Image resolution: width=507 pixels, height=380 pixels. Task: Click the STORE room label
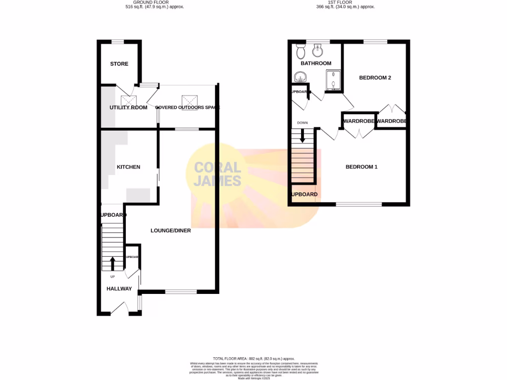coord(119,64)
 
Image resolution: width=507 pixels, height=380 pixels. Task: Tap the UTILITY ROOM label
coord(128,107)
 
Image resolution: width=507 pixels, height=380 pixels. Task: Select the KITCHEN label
coord(128,167)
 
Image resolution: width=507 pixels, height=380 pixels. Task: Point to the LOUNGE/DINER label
coord(171,231)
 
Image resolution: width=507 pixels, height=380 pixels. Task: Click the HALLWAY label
coord(119,289)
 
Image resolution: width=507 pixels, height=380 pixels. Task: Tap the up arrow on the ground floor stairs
coord(112,263)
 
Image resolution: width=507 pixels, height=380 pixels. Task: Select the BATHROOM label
coord(316,63)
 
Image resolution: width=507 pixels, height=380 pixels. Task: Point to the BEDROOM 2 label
coord(375,78)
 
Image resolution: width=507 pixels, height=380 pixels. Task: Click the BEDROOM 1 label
coord(361,167)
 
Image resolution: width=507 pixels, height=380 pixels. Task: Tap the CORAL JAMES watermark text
coord(217,174)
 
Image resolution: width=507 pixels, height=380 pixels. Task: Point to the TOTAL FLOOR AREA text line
coord(253,359)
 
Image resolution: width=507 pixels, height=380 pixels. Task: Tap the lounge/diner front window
coord(181,291)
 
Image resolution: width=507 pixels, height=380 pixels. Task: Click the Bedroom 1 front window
coord(359,204)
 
